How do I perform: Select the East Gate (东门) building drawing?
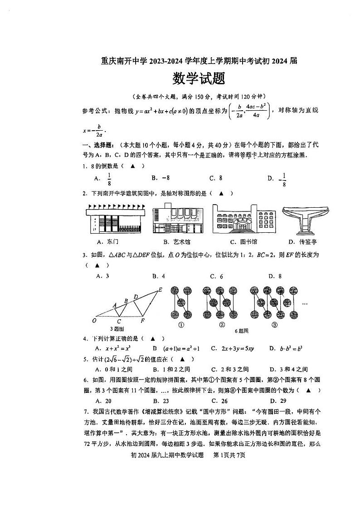114,220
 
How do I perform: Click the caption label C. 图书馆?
243,242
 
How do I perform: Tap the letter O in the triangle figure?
94,321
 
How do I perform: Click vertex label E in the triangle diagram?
160,290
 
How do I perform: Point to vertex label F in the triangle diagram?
143,321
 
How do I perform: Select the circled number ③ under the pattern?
274,325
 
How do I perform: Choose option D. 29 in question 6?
277,401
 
